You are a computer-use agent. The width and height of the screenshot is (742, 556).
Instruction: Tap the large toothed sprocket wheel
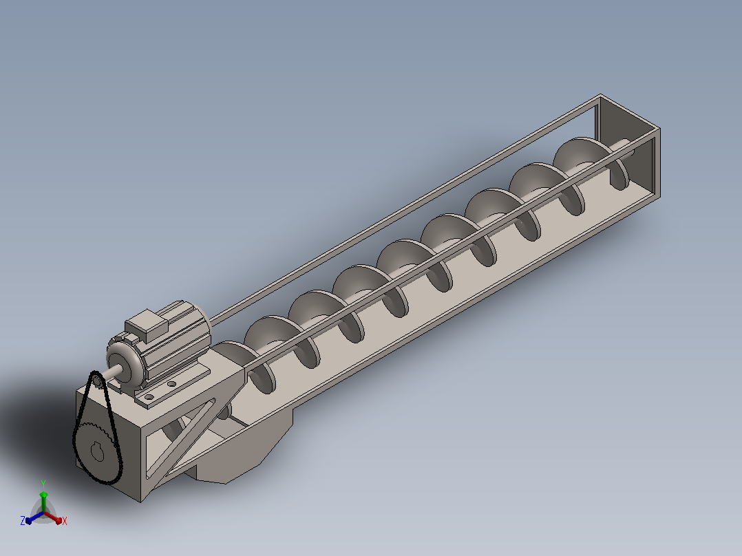pos(97,452)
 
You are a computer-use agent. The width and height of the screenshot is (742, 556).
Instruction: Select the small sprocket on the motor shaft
pos(96,380)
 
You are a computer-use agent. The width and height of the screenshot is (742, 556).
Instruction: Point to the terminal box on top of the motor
pos(147,325)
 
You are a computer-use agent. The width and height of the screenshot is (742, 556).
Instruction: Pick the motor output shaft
pos(109,372)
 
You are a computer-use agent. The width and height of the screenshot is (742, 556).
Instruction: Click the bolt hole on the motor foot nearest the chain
pos(149,397)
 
